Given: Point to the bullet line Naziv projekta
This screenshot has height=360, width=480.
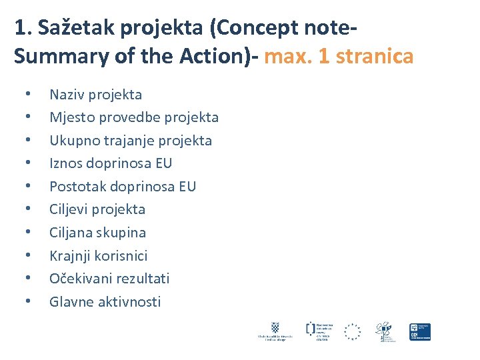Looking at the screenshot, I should [95, 95].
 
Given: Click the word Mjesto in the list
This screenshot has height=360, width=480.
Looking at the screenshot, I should [71, 117].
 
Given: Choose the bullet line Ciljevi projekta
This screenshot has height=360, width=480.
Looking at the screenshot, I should [97, 209].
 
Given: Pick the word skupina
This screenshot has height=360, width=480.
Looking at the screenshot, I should [121, 233].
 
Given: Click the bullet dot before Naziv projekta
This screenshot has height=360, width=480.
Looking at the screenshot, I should [27, 95].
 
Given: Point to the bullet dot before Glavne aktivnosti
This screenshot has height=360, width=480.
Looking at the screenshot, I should [27, 301].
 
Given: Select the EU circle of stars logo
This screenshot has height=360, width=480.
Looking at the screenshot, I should [352, 331].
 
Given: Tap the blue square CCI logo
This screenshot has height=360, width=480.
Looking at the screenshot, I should [420, 331].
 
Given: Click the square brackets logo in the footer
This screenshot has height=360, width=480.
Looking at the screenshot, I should [311, 327].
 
